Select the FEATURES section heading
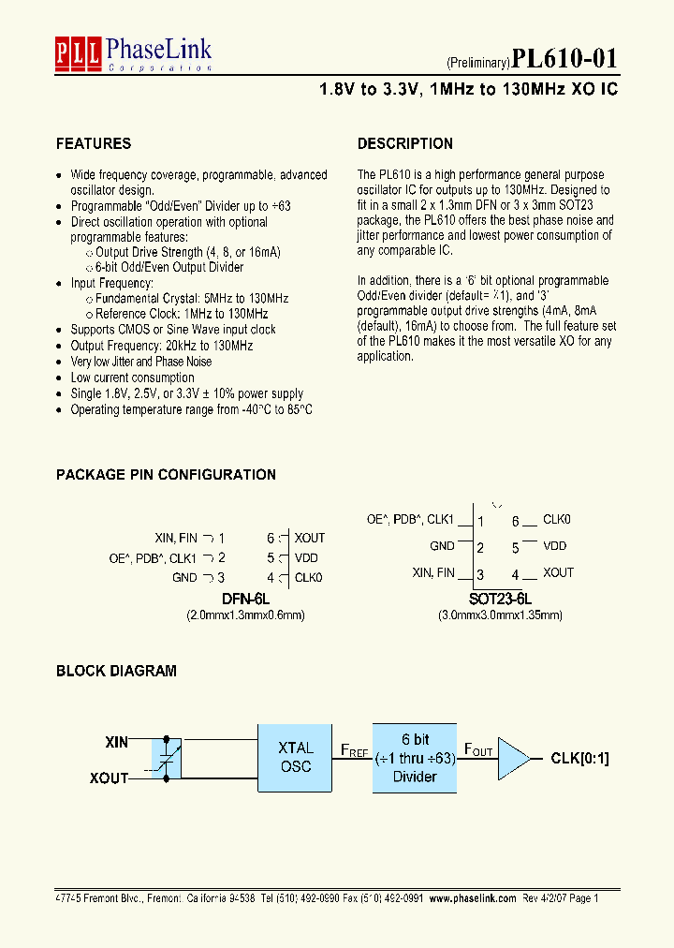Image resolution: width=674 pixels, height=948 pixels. click(94, 143)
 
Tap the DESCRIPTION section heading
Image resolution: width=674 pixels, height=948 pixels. click(405, 143)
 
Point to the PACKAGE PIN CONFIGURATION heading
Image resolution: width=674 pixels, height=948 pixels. click(166, 474)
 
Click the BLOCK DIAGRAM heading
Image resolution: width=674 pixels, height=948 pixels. click(116, 671)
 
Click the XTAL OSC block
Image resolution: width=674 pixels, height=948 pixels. click(296, 757)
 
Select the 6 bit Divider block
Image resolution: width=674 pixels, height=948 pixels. click(415, 758)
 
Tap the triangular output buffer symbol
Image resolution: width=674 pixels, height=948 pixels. click(513, 758)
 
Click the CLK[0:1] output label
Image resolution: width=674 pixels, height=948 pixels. click(579, 759)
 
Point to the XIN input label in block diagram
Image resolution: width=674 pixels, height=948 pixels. click(117, 742)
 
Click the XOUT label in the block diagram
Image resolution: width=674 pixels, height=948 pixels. click(110, 778)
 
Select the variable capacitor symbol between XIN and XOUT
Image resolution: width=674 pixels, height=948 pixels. click(168, 759)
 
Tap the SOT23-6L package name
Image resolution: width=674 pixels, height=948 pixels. click(500, 599)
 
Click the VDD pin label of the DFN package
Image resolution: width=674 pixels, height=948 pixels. click(307, 557)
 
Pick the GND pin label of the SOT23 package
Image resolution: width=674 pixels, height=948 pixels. click(442, 546)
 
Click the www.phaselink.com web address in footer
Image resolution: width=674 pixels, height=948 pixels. click(476, 897)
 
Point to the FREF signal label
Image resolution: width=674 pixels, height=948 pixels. click(354, 751)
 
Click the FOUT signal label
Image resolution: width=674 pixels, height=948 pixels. click(476, 751)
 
